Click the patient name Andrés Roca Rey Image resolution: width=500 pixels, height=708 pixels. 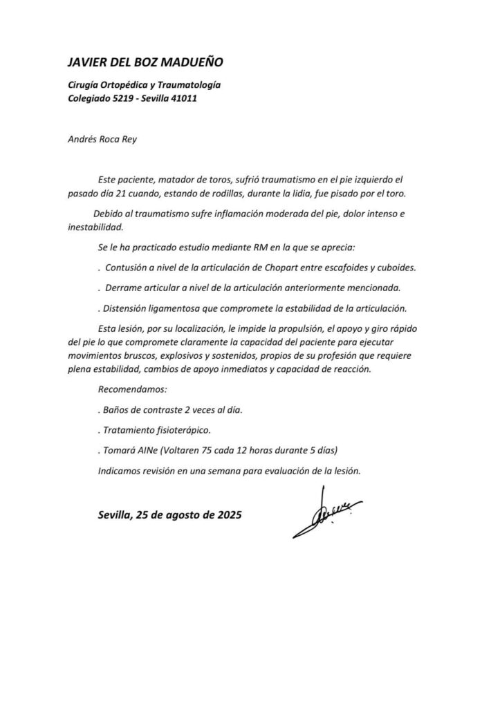coord(102,138)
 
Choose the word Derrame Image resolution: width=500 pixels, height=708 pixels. coord(127,287)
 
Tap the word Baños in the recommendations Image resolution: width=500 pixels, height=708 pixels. coord(118,410)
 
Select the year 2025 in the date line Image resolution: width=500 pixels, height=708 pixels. coord(224,516)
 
